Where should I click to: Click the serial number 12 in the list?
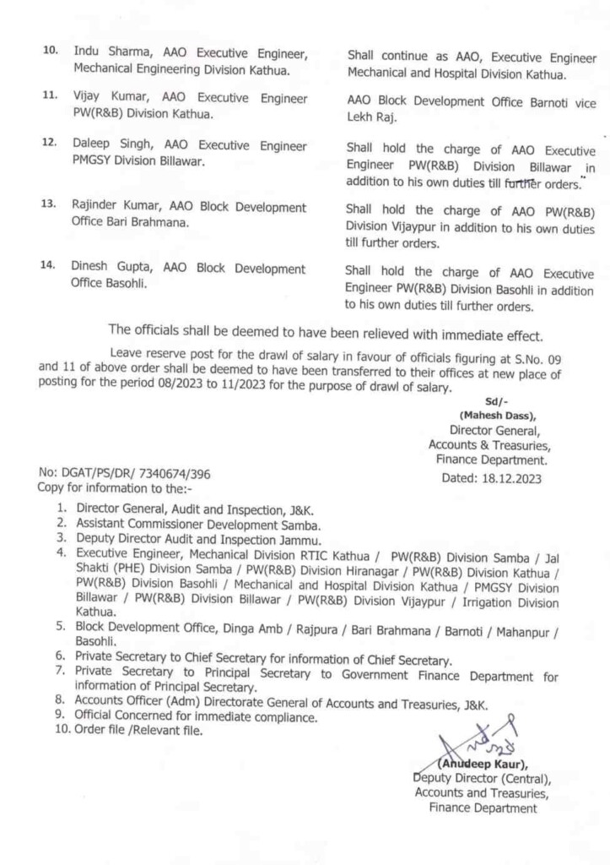[x=50, y=145]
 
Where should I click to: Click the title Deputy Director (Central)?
[x=482, y=778]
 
